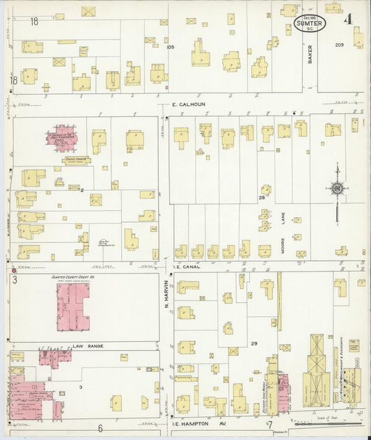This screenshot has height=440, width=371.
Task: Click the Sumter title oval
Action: coord(309,24)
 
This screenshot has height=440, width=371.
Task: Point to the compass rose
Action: coord(337,188)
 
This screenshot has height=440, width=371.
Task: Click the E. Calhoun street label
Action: coord(193,106)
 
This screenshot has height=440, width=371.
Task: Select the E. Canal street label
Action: coord(188,267)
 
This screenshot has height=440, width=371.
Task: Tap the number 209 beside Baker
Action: coord(339,45)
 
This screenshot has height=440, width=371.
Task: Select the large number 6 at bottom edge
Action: coord(100,429)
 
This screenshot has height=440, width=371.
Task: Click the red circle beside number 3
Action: coord(14,270)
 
